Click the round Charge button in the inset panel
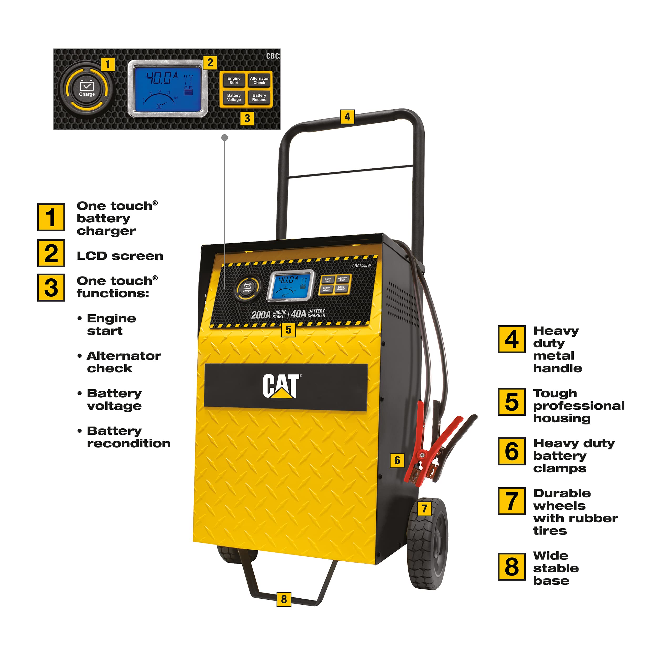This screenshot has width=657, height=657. coord(87,89)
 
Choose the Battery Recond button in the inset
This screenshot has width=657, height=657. coord(259,97)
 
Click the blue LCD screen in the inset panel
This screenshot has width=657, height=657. coord(167,88)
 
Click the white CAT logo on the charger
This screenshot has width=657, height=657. coord(281,386)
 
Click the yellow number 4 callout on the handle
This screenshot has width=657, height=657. coord(347,117)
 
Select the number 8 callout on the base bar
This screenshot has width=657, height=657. coord(284,599)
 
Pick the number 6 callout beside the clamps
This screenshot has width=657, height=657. coord(397,460)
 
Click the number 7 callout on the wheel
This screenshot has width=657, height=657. coord(424,509)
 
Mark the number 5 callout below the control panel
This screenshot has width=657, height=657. coord(288,330)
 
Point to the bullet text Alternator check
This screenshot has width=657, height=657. coord(124,362)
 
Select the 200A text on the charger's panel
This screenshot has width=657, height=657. coord(261,315)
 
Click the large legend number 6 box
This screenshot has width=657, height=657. coord(511,451)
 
